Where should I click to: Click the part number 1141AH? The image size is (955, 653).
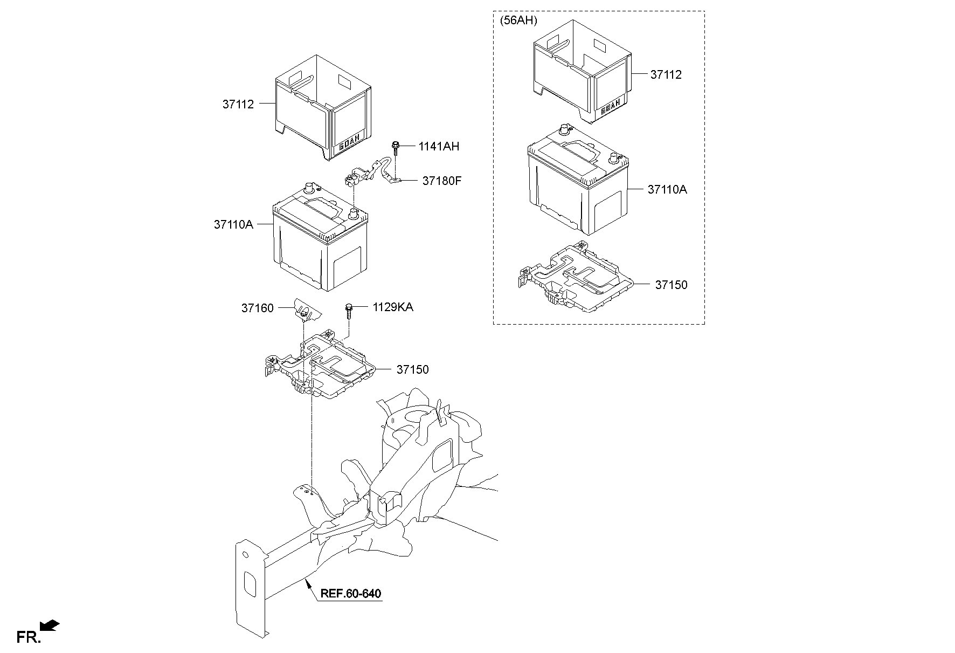click(x=439, y=146)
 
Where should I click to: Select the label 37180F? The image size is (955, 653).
click(x=441, y=181)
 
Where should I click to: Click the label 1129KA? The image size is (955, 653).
click(x=393, y=307)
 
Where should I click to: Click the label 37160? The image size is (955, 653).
click(x=258, y=308)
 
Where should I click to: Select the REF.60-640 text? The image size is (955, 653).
click(x=351, y=594)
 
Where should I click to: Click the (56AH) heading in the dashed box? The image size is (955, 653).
click(x=518, y=21)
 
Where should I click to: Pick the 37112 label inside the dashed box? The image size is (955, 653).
click(x=666, y=75)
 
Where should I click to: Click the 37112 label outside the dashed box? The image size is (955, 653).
click(x=238, y=104)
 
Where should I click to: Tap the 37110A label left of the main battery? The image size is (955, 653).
click(x=233, y=225)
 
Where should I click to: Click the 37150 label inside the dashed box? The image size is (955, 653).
click(x=671, y=285)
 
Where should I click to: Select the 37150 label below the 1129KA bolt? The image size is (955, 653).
click(x=412, y=370)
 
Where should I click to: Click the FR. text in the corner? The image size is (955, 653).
click(x=28, y=637)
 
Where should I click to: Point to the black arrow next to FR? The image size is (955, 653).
click(x=51, y=625)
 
